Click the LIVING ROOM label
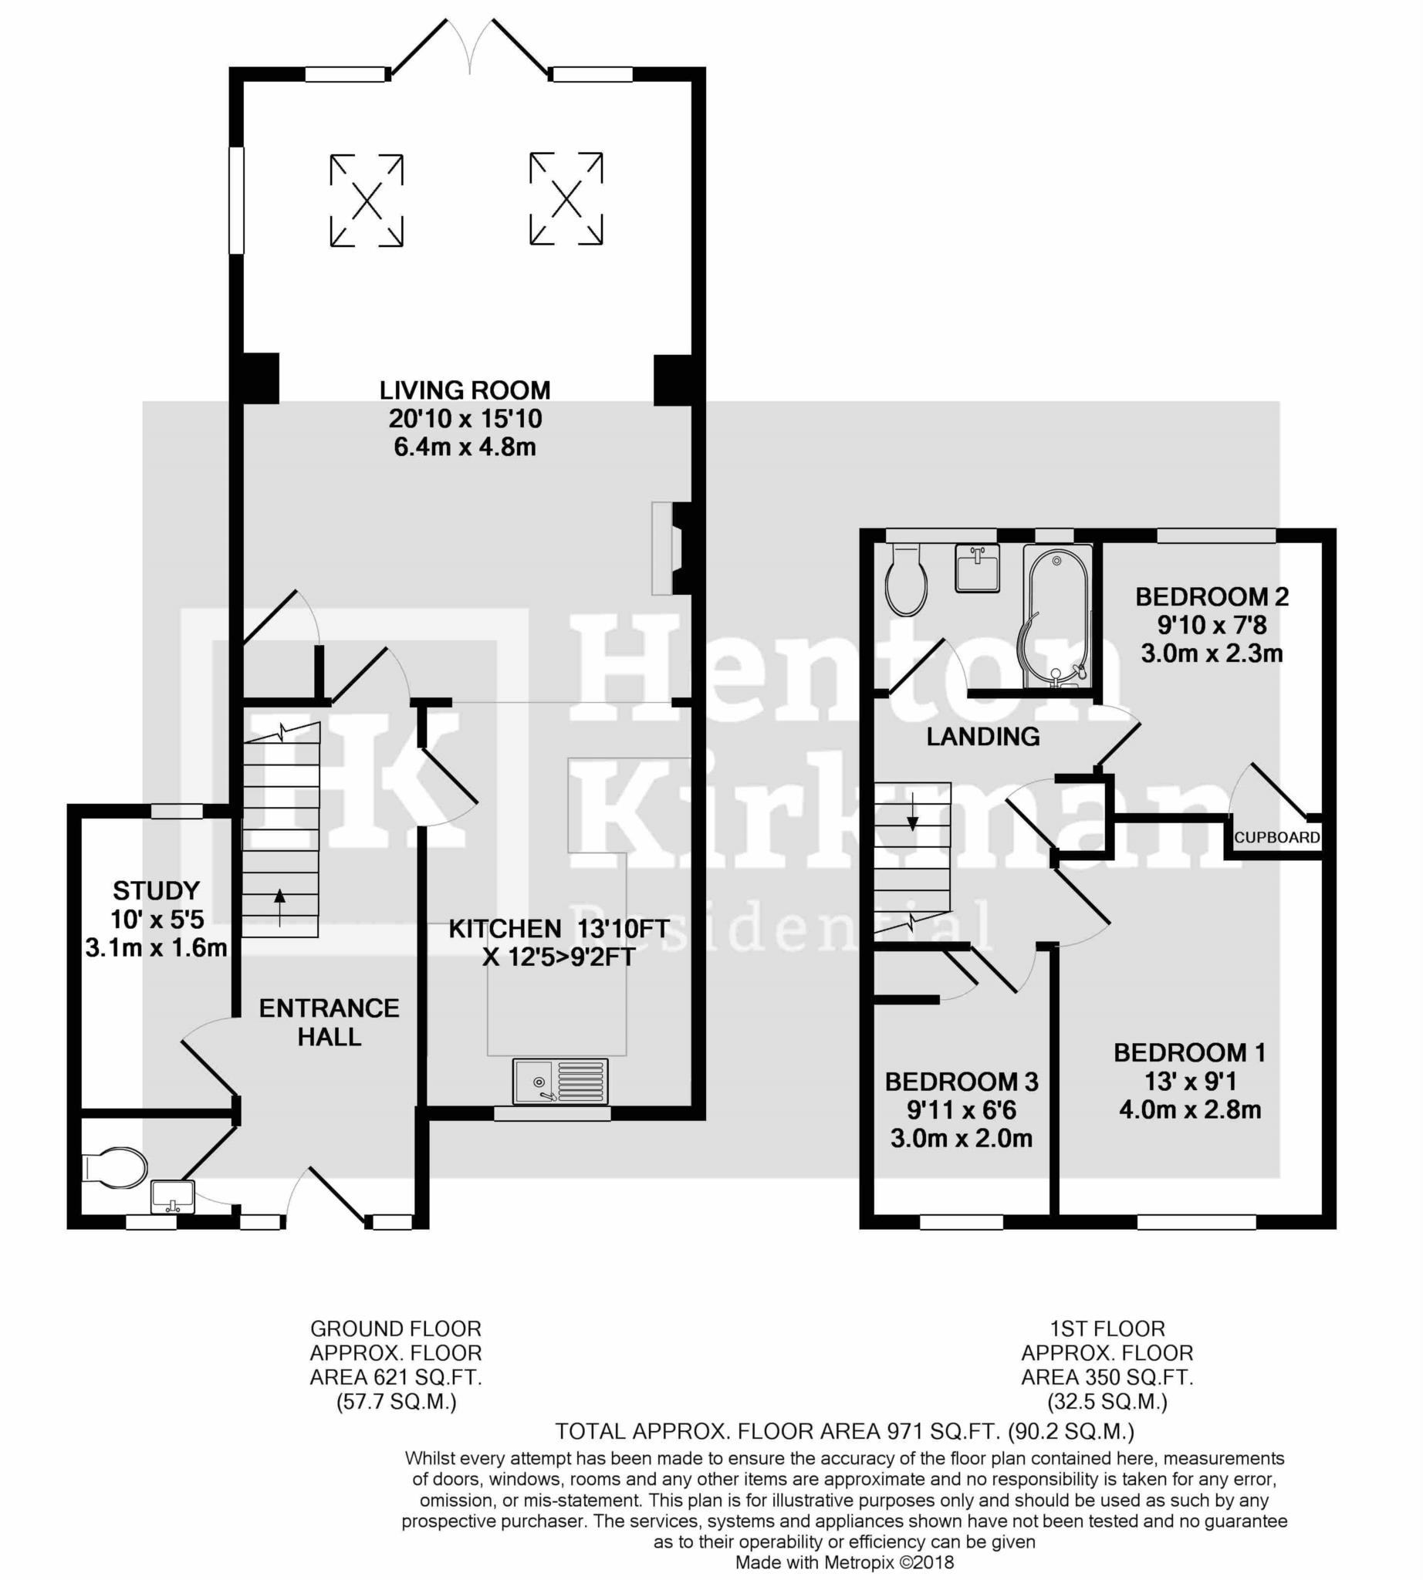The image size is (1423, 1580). pyautogui.click(x=465, y=390)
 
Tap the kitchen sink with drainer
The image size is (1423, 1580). pyautogui.click(x=559, y=1081)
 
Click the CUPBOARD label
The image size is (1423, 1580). pyautogui.click(x=1277, y=837)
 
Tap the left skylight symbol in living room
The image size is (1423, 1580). pyautogui.click(x=366, y=201)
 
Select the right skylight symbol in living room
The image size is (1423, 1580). pyautogui.click(x=566, y=198)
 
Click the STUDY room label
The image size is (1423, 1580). pyautogui.click(x=157, y=890)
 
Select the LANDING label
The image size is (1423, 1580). pyautogui.click(x=983, y=737)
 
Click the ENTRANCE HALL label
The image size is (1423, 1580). pyautogui.click(x=330, y=1022)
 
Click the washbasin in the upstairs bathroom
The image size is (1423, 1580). pyautogui.click(x=977, y=568)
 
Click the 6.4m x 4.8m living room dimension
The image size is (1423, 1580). pyautogui.click(x=465, y=447)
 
